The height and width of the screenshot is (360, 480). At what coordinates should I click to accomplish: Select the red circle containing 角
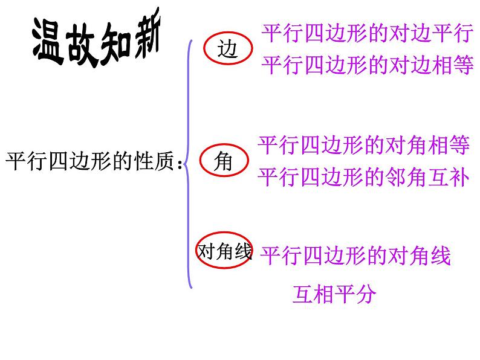coord(223,162)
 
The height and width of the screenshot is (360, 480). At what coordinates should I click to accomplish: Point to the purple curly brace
coord(189,163)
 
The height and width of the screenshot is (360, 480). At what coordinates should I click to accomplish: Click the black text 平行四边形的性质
coord(91,163)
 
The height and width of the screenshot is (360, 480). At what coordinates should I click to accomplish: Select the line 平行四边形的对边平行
coord(366,34)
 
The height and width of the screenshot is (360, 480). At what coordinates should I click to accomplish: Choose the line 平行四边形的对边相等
coord(366,64)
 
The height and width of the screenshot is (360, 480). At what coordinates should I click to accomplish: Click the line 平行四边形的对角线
coord(355,256)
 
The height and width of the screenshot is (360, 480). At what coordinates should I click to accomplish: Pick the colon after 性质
coord(180,165)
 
